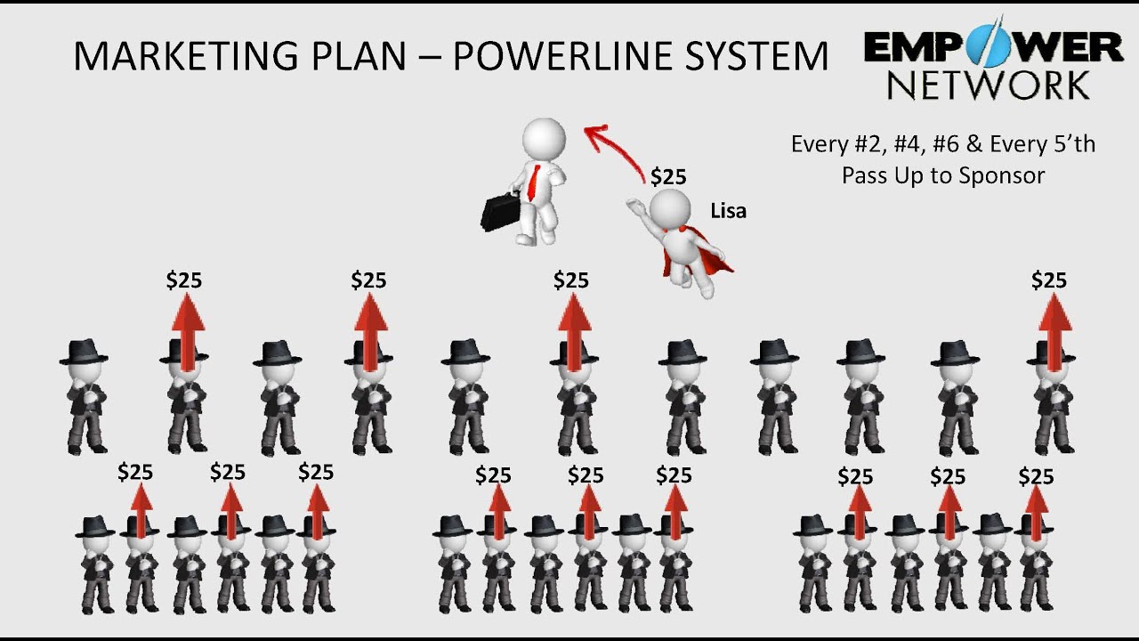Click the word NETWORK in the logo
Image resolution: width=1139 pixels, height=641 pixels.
988,85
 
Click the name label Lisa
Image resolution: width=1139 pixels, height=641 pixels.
728,211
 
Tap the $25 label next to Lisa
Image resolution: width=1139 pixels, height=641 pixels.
668,176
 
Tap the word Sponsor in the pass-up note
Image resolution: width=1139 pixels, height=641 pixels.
1002,174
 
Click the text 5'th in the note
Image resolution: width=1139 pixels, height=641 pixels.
1071,143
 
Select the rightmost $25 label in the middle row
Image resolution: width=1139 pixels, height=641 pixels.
1048,280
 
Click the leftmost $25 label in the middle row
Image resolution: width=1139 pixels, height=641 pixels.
184,280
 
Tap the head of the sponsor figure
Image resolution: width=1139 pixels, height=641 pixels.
543,138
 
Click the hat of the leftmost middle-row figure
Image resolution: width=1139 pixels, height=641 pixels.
84,351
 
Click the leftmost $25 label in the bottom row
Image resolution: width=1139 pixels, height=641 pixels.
135,472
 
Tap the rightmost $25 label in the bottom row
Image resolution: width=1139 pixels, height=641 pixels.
1036,476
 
